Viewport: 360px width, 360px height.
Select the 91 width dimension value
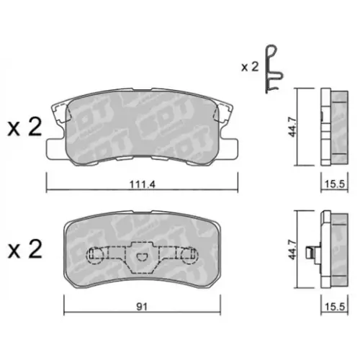click(142, 305)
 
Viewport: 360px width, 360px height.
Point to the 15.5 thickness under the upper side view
click(333, 184)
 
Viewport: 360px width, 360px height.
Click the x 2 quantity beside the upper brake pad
click(24, 128)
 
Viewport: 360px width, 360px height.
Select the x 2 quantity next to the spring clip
click(250, 66)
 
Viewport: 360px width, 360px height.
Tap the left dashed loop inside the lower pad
click(96, 254)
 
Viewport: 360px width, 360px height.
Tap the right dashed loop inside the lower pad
click(188, 254)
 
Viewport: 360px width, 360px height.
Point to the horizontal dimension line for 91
click(101, 312)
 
